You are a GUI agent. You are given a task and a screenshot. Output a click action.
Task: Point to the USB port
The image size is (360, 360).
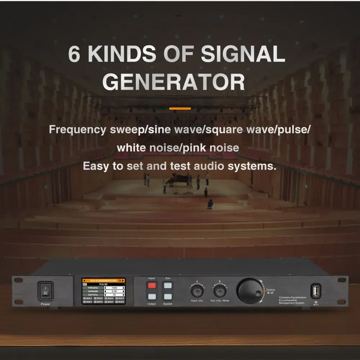pos(316,291)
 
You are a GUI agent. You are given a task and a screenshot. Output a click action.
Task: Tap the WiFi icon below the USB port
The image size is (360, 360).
pos(316,302)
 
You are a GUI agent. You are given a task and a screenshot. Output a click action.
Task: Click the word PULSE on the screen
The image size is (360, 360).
pos(104,284)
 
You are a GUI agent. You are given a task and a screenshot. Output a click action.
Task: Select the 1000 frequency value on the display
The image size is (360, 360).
pos(114,288)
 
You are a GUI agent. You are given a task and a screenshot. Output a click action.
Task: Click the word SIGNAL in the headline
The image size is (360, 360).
pos(243,54)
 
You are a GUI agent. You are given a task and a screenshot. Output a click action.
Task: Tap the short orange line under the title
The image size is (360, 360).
pos(180,108)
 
